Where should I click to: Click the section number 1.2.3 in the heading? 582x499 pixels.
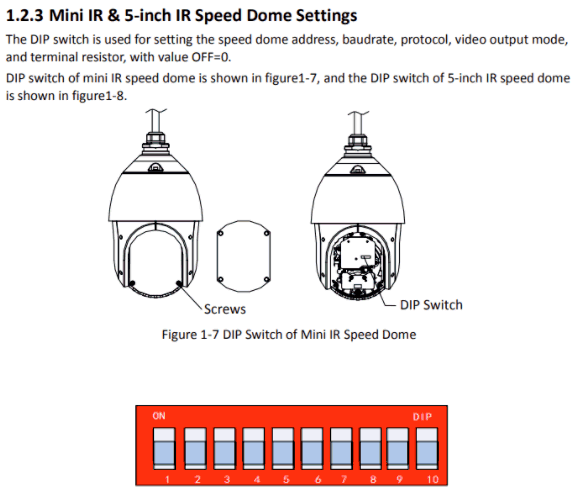(x=25, y=16)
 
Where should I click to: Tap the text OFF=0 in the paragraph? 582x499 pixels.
(x=211, y=57)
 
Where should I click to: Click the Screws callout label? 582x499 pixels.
(x=225, y=309)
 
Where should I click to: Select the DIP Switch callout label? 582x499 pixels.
(x=431, y=305)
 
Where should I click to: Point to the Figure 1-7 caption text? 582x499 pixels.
(x=289, y=335)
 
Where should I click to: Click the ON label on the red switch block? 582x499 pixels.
(x=159, y=416)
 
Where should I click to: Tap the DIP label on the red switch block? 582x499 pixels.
(x=422, y=417)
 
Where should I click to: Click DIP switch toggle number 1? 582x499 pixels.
(x=164, y=448)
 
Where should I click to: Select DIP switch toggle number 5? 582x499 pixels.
(x=283, y=448)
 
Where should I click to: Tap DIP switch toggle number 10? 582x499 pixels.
(x=427, y=448)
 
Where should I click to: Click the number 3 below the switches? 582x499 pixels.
(x=227, y=479)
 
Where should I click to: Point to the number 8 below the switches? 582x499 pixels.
(x=373, y=479)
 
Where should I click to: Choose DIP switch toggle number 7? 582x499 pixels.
(x=341, y=448)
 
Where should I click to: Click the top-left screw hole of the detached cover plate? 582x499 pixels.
(x=220, y=234)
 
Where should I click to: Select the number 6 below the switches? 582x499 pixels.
(x=318, y=479)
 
